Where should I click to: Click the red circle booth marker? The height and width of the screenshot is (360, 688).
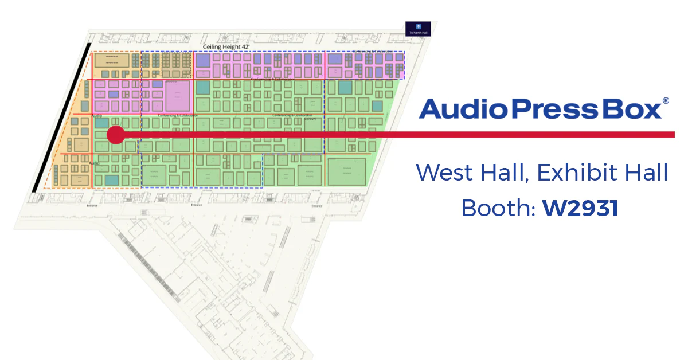pyautogui.click(x=116, y=135)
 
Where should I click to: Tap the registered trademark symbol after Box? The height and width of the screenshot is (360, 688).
pyautogui.click(x=666, y=100)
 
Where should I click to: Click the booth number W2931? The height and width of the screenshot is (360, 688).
pyautogui.click(x=580, y=208)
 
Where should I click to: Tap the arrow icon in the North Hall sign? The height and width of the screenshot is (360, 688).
pyautogui.click(x=418, y=26)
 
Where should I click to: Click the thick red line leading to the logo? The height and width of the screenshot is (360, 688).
pyautogui.click(x=401, y=135)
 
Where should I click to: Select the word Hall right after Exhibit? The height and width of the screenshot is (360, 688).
pyautogui.click(x=647, y=173)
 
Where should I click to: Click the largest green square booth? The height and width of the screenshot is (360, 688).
pyautogui.click(x=346, y=167)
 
